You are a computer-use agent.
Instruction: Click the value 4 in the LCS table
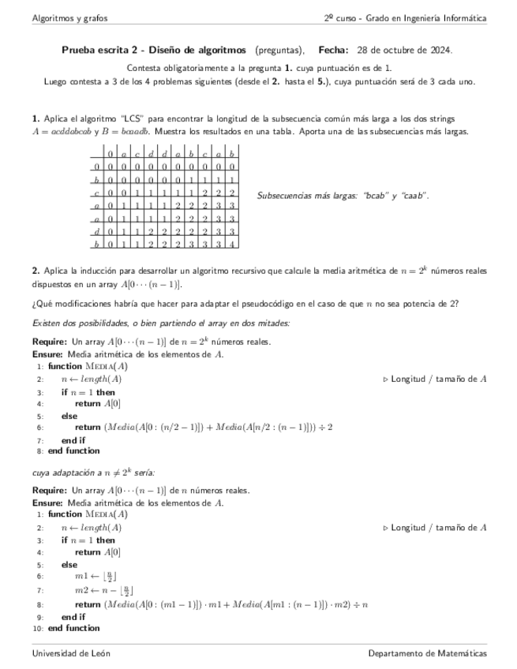click(x=231, y=245)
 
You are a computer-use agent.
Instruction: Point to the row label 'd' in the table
click(x=96, y=231)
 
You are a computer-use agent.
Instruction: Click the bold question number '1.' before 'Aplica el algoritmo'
click(x=36, y=118)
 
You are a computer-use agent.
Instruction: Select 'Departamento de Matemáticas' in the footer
click(x=427, y=653)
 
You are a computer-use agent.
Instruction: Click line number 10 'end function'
click(x=73, y=628)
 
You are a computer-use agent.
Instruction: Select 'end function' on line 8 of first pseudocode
click(x=73, y=451)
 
